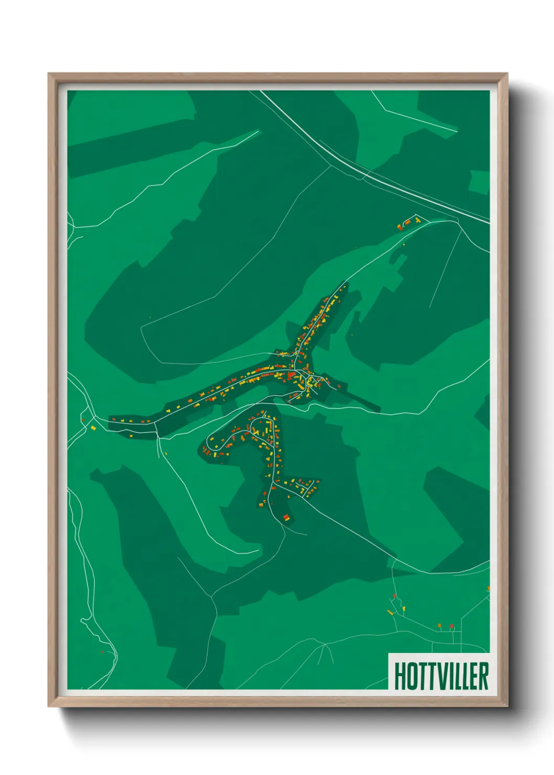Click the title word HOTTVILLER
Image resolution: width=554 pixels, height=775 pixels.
pos(441,676)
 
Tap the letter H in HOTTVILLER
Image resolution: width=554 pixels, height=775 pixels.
pos(400,676)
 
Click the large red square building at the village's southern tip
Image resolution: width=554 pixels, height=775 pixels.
pos(286,518)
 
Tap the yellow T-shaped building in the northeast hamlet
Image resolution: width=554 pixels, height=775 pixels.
pos(417,220)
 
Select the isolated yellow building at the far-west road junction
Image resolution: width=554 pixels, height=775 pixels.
pos(94,428)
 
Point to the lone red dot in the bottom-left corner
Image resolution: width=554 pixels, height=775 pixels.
pos(102,652)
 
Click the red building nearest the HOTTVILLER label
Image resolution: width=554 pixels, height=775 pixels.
pos(451,626)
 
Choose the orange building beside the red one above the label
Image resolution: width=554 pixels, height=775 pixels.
pos(440,625)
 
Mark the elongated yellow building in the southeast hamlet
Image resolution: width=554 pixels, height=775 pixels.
pos(390,612)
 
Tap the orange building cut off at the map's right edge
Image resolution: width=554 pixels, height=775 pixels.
pos(488,589)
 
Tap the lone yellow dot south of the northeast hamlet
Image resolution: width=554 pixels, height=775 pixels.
pos(404,244)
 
